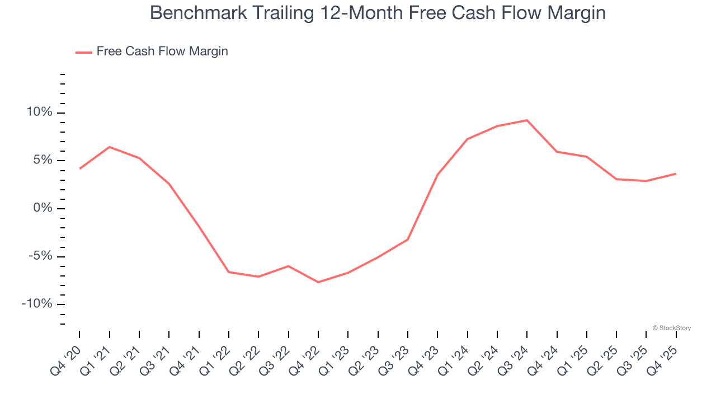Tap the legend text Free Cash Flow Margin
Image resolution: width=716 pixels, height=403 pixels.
(162, 51)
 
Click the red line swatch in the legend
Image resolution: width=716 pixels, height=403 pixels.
(84, 53)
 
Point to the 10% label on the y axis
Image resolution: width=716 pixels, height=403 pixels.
(39, 113)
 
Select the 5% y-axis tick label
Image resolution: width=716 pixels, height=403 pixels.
(42, 161)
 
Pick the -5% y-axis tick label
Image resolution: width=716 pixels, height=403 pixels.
(40, 256)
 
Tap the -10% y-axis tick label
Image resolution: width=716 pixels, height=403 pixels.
(37, 304)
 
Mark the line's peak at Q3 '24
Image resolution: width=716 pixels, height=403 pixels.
(527, 120)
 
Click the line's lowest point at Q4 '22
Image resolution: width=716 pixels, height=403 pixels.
(318, 282)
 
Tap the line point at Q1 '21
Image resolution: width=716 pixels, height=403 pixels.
(109, 147)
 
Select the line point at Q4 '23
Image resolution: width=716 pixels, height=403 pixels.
(437, 175)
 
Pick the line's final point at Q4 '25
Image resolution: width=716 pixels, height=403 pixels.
(676, 174)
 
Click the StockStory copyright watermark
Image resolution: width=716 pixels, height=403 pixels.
(671, 328)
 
